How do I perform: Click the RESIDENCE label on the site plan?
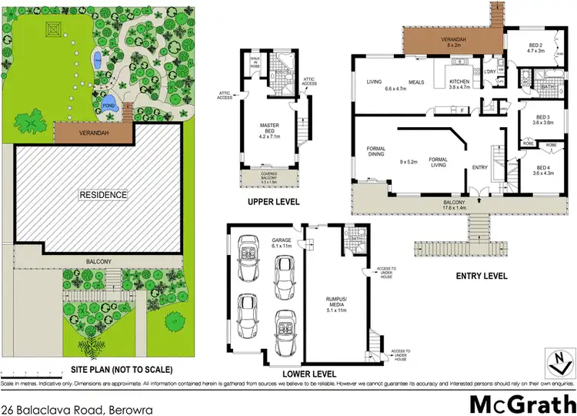[x=103, y=195]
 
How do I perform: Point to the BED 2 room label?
[x=535, y=48]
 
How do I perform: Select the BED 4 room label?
[x=543, y=170]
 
